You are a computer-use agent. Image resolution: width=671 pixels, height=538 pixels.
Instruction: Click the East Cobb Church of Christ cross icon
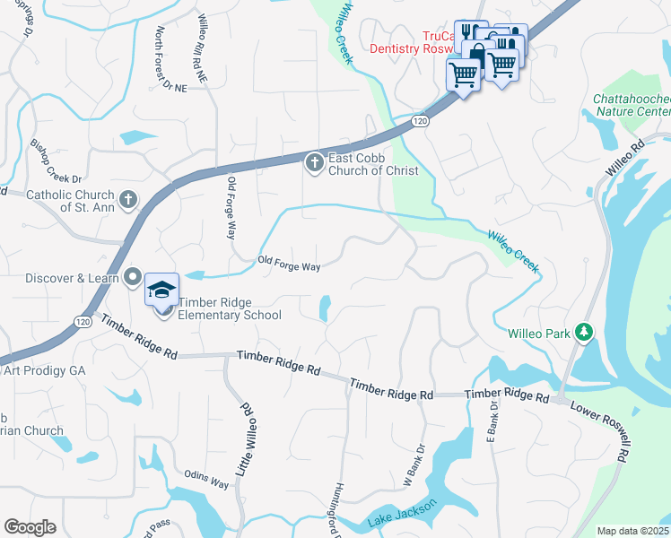314,162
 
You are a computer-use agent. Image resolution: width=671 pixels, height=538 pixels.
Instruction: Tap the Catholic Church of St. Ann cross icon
128,199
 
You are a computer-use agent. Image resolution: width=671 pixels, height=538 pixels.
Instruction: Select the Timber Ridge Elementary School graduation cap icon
161,290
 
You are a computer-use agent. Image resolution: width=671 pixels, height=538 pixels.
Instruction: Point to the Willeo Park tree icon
584,334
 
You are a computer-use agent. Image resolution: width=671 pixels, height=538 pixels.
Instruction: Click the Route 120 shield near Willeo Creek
419,120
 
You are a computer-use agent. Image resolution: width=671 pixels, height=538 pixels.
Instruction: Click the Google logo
30,526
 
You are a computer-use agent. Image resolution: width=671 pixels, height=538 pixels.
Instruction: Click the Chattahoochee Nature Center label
632,105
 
